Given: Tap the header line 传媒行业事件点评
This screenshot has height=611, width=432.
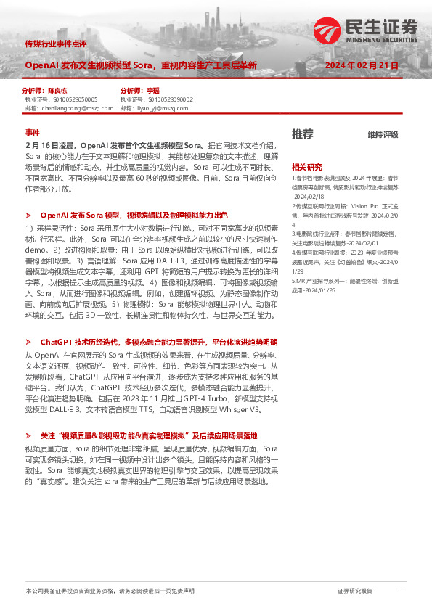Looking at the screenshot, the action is point(55,44).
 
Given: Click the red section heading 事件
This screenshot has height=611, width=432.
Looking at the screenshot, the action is point(32,133).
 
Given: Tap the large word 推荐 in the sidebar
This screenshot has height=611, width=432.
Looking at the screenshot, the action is point(303,134).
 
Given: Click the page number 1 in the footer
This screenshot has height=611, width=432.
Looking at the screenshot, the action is point(402,591).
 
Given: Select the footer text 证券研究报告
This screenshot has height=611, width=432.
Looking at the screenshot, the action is point(355,591).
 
